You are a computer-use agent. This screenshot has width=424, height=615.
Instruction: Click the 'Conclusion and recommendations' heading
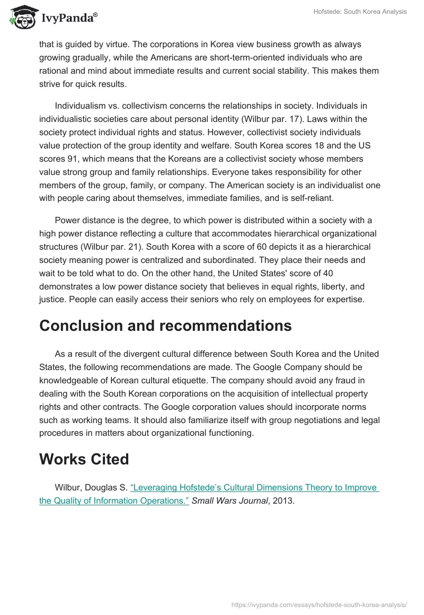pyautogui.click(x=165, y=326)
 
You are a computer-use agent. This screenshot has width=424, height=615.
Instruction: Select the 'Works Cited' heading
pyautogui.click(x=84, y=459)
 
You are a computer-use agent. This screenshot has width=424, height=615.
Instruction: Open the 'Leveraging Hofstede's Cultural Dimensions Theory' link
pyautogui.click(x=254, y=488)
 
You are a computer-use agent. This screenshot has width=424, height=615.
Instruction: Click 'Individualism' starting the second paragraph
pyautogui.click(x=79, y=105)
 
